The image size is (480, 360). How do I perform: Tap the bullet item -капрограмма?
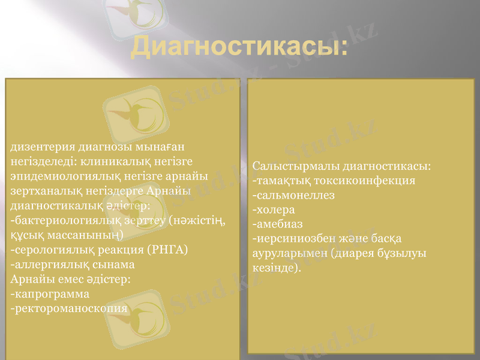pos(50,294)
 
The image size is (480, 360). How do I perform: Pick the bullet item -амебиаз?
pos(279,224)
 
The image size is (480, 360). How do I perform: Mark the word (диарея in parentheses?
pos(354,253)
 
